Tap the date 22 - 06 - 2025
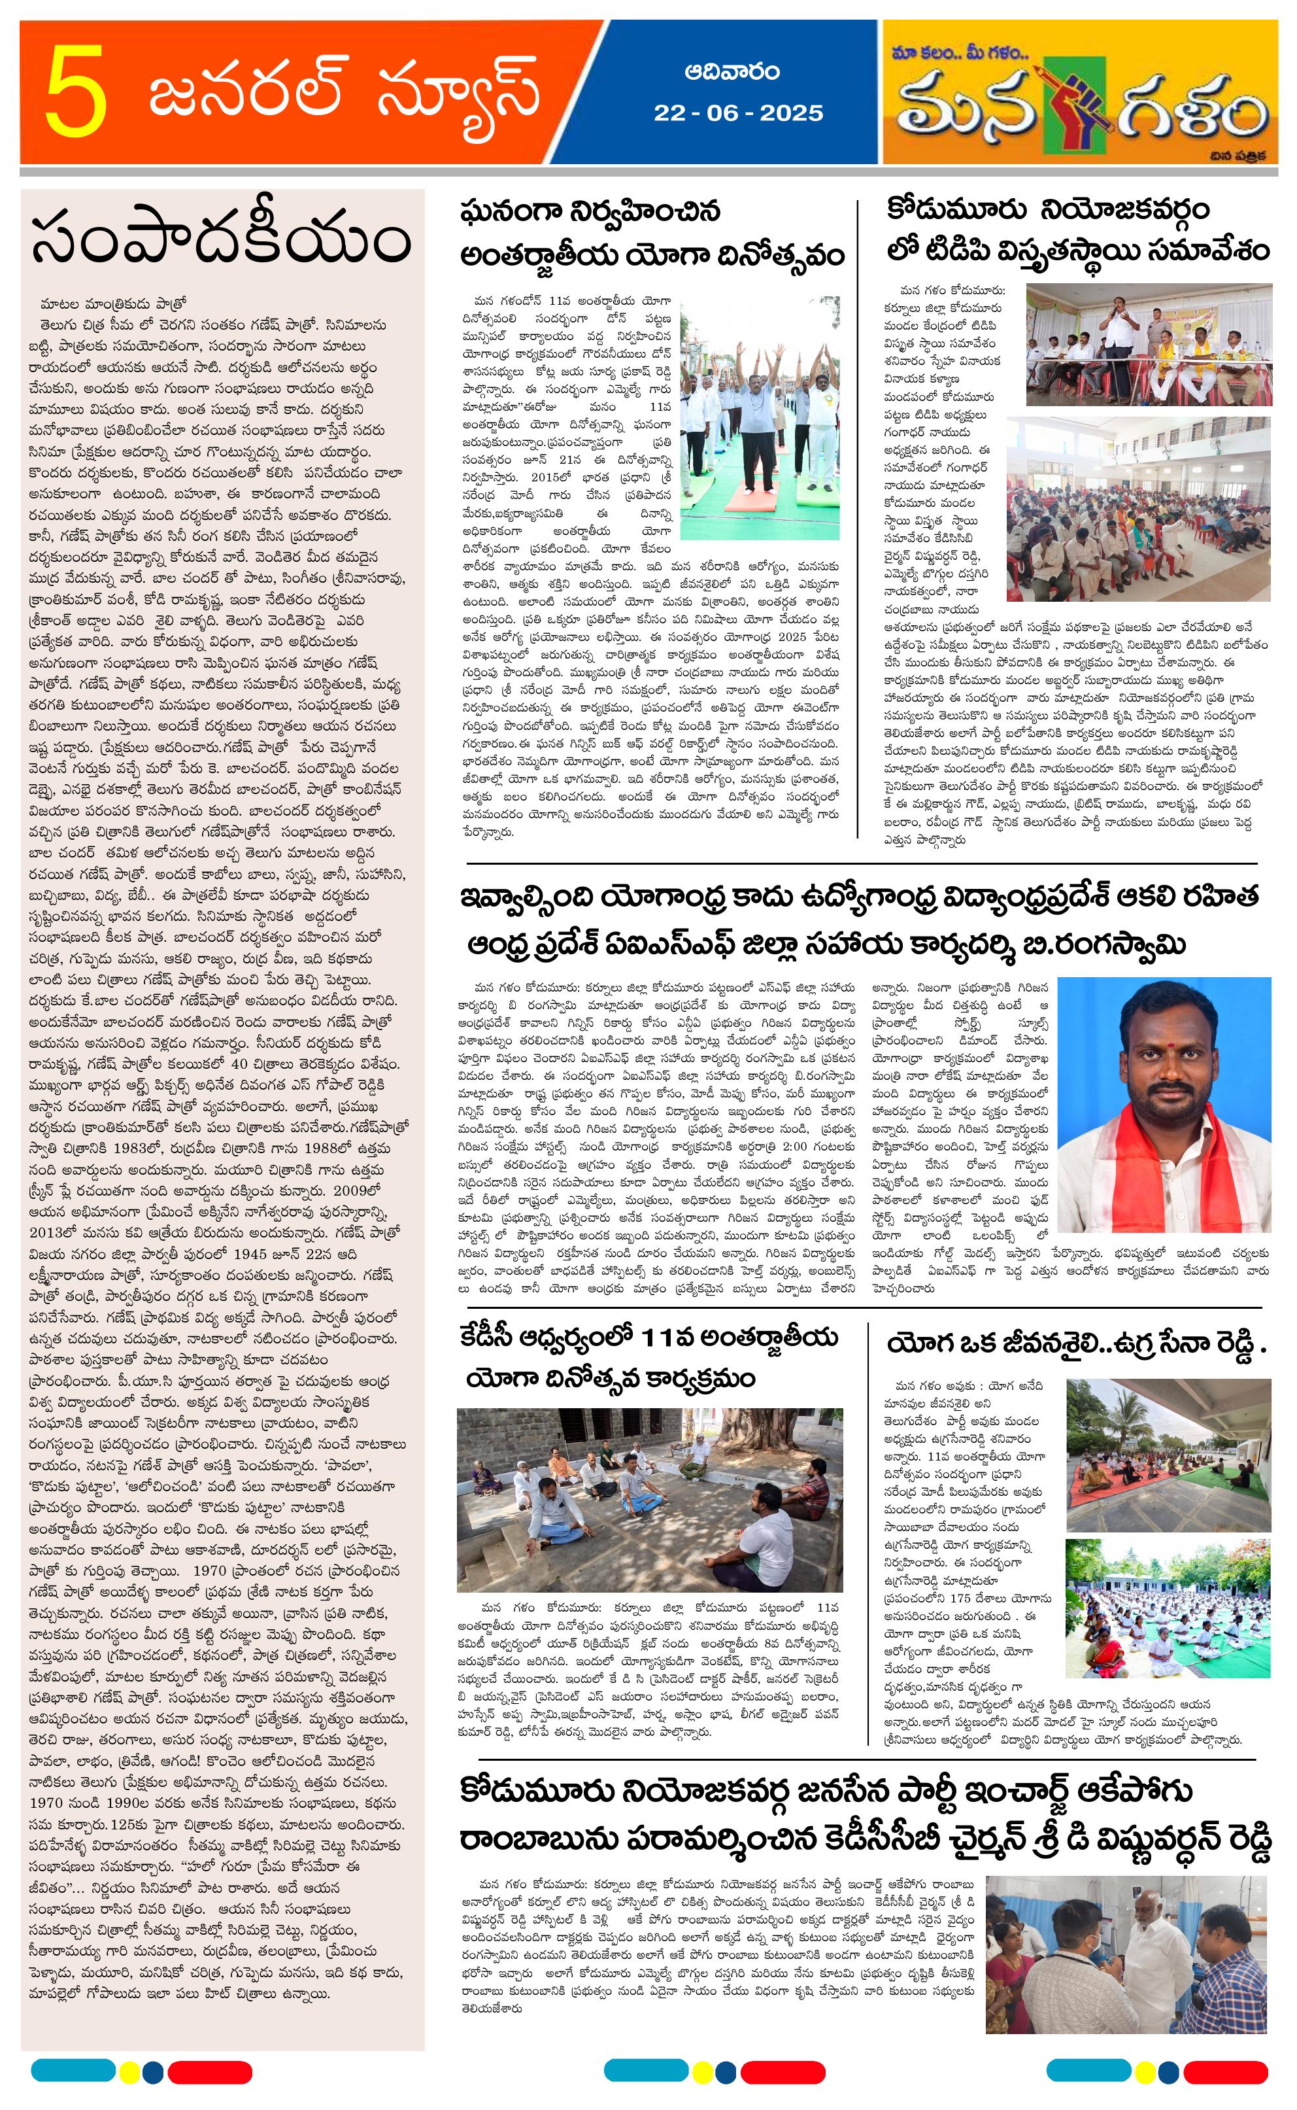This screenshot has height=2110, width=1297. coord(737,113)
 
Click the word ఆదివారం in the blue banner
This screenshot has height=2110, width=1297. coord(732,72)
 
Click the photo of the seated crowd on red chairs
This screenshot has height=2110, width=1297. coord(1138,509)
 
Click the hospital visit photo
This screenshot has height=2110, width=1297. coord(1126,1953)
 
